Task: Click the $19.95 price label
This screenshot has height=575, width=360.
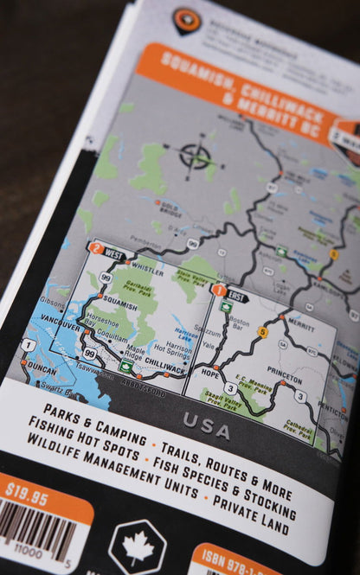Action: [x=29, y=490]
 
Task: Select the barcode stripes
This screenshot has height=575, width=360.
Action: [x=36, y=533]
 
